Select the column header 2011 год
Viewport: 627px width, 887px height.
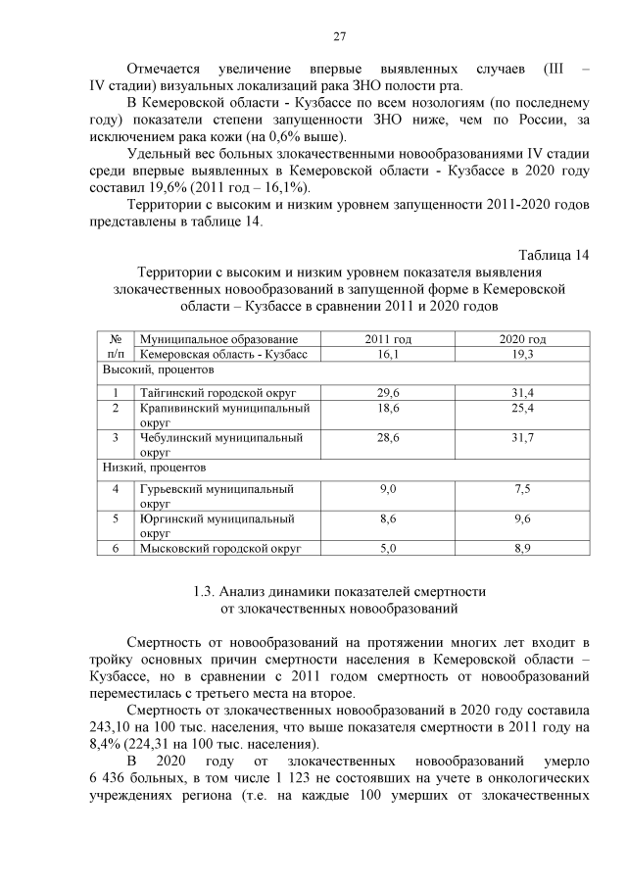388,338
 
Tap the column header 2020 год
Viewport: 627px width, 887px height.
522,338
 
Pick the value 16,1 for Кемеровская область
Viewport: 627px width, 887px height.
388,353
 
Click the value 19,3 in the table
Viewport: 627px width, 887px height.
522,353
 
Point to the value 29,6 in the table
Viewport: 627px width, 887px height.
388,392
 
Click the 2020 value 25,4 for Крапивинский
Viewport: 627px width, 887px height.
522,407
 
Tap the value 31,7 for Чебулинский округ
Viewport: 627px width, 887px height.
522,437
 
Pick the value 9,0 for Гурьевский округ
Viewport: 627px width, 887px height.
388,488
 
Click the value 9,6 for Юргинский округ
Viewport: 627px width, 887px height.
522,518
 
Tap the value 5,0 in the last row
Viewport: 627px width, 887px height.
388,549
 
